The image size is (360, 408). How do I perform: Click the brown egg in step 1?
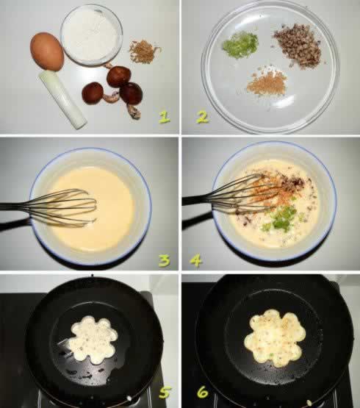pos(47,51)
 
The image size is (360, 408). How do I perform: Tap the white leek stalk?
pos(62,99)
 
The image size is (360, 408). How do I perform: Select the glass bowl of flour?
pos(91,35)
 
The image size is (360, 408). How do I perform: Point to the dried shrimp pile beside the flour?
pos(145,51)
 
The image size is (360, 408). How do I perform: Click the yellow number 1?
pos(165,117)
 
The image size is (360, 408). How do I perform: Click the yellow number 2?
pos(202,117)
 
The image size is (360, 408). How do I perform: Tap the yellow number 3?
pos(165,261)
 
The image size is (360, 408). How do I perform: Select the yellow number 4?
pos(196,261)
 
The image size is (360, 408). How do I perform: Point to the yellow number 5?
pos(165,393)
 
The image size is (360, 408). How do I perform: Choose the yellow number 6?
pos(203,393)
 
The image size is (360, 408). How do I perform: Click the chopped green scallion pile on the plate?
pos(240,45)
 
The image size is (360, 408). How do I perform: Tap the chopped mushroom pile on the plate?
pos(298,46)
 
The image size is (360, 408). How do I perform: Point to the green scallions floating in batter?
pos(282,218)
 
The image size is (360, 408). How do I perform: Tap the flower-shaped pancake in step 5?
pos(93,337)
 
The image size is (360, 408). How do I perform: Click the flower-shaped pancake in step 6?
pos(275,337)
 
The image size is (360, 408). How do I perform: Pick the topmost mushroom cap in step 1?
pos(119,76)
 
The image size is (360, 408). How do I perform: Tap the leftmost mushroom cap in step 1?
pos(93,93)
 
